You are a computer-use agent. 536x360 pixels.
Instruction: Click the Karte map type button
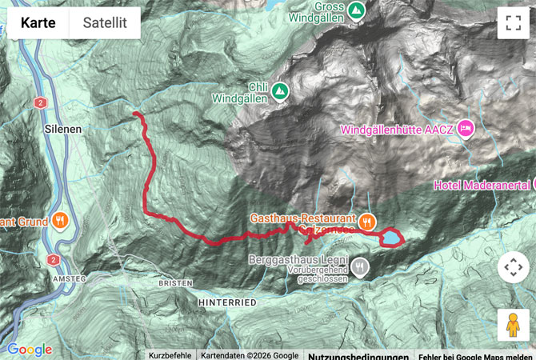pyautogui.click(x=38, y=23)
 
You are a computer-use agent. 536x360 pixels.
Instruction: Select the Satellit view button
pyautogui.click(x=105, y=23)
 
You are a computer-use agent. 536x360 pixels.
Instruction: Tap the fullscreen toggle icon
pyautogui.click(x=513, y=23)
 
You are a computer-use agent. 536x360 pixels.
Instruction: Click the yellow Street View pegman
pyautogui.click(x=513, y=325)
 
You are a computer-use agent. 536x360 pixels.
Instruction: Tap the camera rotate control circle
pyautogui.click(x=513, y=268)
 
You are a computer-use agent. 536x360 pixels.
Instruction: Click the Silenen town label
pyautogui.click(x=61, y=127)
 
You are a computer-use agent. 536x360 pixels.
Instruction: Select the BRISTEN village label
pyautogui.click(x=175, y=283)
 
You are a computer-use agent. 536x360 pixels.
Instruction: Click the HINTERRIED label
pyautogui.click(x=227, y=302)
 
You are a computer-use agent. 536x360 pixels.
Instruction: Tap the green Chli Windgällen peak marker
pyautogui.click(x=279, y=91)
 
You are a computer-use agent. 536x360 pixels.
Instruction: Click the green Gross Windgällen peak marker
pyautogui.click(x=358, y=10)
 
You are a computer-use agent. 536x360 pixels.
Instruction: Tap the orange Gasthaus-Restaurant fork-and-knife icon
pyautogui.click(x=367, y=221)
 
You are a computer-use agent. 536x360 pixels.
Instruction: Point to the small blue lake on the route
pyautogui.click(x=391, y=238)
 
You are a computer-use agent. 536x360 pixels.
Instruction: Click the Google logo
pyautogui.click(x=29, y=350)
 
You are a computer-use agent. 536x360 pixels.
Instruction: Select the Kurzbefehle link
pyautogui.click(x=170, y=356)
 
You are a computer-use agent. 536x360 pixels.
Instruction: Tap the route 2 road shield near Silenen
pyautogui.click(x=39, y=102)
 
